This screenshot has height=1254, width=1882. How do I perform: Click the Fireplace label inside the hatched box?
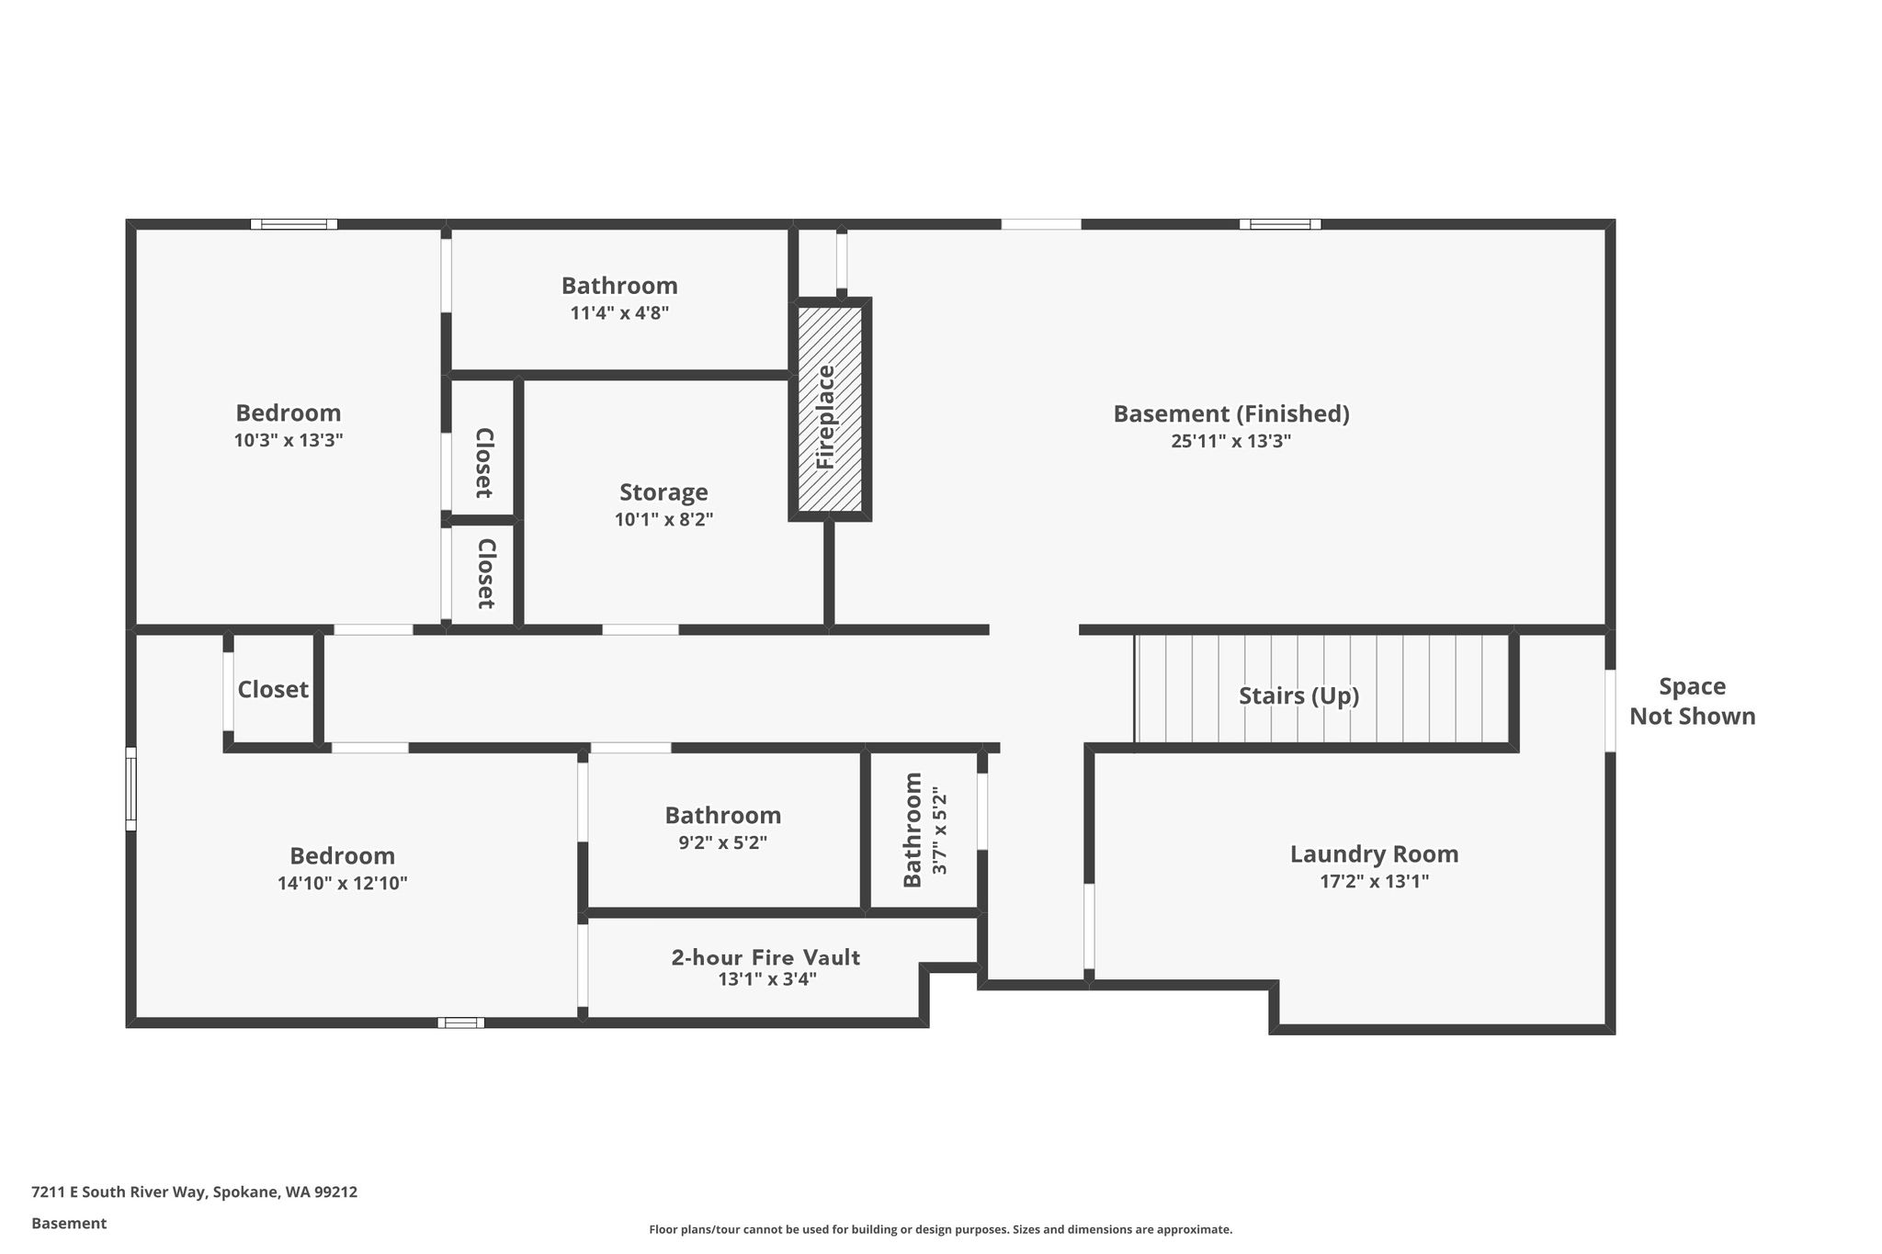coord(825,417)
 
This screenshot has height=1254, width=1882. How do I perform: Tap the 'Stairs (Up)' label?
coord(1298,696)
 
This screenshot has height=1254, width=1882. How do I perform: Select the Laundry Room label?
coord(1374,854)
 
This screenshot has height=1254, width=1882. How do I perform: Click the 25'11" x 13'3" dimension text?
coord(1230,441)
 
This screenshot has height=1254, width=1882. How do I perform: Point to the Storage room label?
coord(663,493)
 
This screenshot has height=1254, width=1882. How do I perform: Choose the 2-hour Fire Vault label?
coord(765,957)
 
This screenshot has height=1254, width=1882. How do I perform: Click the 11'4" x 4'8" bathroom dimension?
coord(619,313)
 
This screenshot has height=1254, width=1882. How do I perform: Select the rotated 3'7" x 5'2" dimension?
coord(938,830)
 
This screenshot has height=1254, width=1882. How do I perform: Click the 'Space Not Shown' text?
coord(1692,702)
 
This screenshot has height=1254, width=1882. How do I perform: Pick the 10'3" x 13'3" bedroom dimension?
coord(289,440)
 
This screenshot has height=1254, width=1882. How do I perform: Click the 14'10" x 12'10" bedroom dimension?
coord(343,884)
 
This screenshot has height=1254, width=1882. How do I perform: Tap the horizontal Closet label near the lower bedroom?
coord(273,690)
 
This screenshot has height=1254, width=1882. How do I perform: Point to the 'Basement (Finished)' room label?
coord(1231,414)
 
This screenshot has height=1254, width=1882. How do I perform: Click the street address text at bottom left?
coord(194,1192)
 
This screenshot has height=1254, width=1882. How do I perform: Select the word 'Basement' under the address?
coord(69,1224)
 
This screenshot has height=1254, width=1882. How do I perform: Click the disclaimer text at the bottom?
coord(941,1229)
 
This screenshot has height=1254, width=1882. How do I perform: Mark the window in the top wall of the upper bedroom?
coord(294,224)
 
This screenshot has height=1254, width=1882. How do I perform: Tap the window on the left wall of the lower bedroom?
coord(130,789)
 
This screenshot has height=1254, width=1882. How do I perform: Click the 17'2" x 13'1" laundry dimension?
coord(1374,882)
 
